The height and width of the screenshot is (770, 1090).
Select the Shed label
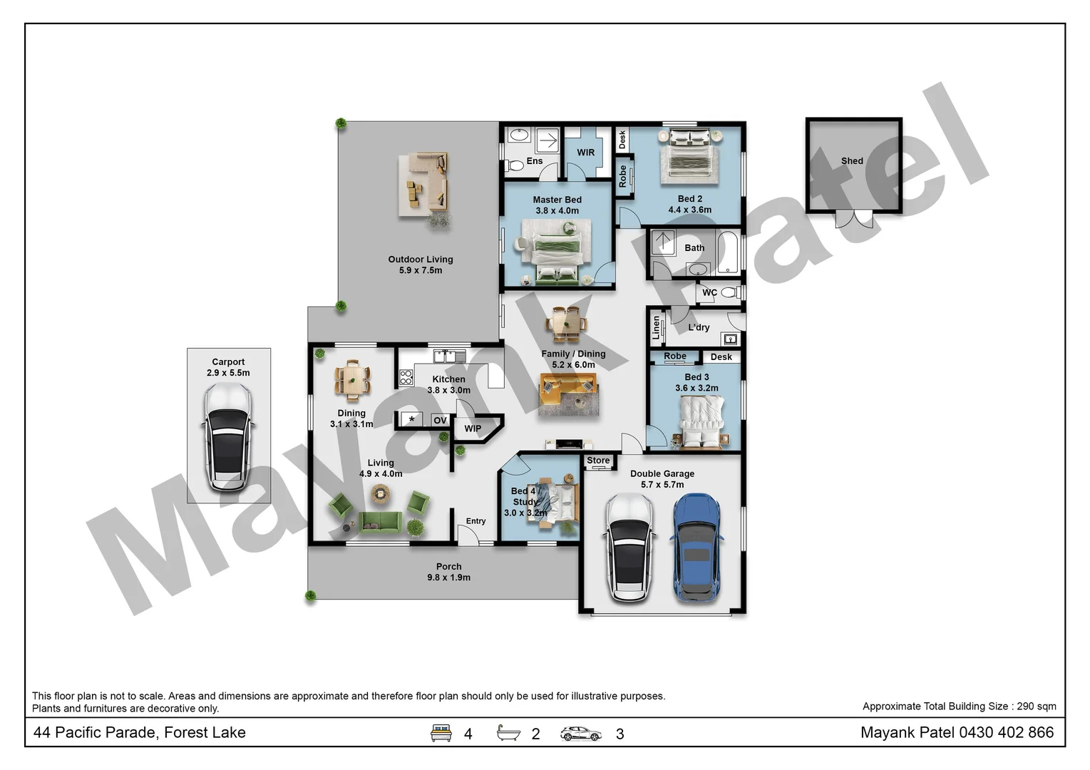click(852, 161)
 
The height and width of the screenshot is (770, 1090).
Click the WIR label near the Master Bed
click(586, 153)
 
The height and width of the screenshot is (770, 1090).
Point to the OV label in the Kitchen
click(440, 421)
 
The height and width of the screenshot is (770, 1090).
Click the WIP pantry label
click(473, 428)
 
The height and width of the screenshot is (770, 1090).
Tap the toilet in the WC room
click(729, 292)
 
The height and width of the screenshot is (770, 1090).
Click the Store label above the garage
click(598, 461)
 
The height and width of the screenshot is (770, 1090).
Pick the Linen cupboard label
click(657, 327)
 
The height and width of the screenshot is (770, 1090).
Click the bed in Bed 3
click(702, 423)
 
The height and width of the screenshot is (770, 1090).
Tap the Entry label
click(475, 521)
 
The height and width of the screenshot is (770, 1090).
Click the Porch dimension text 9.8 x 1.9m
click(448, 577)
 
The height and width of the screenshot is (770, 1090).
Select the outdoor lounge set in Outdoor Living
click(425, 183)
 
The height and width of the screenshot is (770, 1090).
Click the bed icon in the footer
click(441, 733)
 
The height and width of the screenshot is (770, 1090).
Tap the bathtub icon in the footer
click(508, 733)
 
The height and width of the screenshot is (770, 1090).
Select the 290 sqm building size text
click(1037, 707)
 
